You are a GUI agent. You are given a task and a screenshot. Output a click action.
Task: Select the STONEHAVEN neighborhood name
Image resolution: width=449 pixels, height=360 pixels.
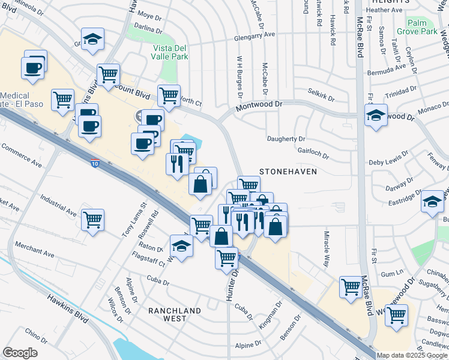point(288,172)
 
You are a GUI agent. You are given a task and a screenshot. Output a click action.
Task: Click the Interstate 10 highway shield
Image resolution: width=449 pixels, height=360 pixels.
point(95,163)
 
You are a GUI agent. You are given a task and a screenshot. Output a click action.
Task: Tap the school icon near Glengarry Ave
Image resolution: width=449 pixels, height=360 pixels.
point(93,41)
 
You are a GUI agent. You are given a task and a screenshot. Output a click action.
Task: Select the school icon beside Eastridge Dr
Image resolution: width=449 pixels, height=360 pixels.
point(432,203)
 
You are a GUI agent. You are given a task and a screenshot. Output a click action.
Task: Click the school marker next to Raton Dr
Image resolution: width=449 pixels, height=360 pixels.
point(181,247)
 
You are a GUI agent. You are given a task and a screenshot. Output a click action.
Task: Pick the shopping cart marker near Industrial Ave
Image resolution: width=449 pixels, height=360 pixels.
point(93,221)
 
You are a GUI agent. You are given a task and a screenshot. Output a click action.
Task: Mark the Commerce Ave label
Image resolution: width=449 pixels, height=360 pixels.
point(21,155)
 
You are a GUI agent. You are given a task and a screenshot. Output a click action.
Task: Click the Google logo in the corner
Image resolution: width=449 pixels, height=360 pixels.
point(20,353)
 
